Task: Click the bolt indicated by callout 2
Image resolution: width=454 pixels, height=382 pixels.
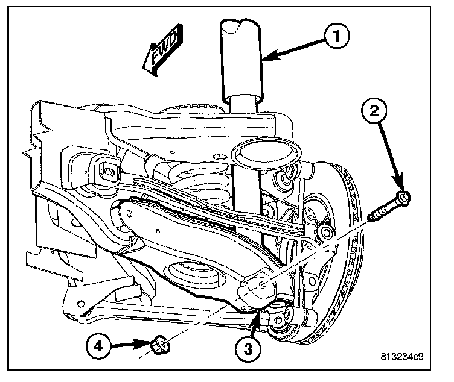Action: (389, 205)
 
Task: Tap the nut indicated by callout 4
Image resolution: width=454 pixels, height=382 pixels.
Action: (158, 345)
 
